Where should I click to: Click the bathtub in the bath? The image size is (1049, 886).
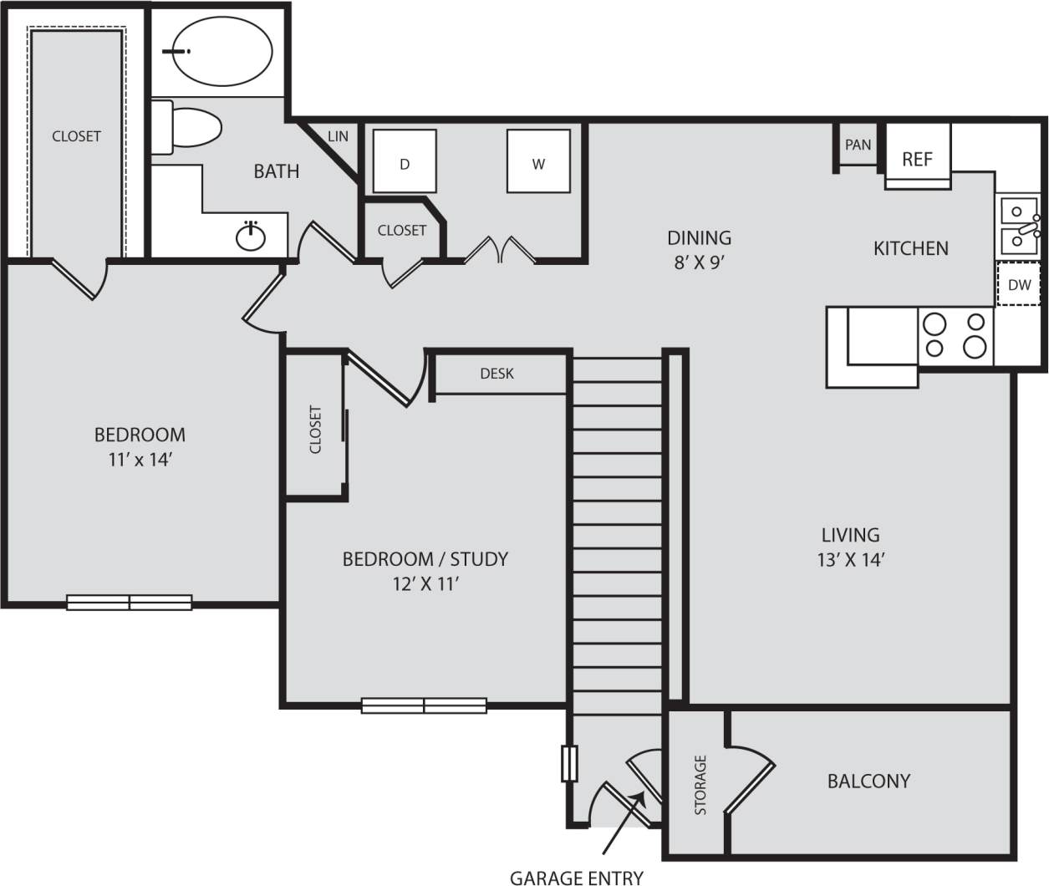pyautogui.click(x=222, y=51)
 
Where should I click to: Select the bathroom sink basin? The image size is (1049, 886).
pyautogui.click(x=250, y=237)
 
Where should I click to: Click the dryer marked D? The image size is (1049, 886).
pyautogui.click(x=405, y=161)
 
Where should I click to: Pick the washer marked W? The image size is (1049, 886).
pyautogui.click(x=538, y=161)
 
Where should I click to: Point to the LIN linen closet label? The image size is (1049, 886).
pyautogui.click(x=338, y=136)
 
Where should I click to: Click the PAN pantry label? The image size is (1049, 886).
pyautogui.click(x=858, y=145)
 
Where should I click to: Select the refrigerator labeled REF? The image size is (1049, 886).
pyautogui.click(x=917, y=159)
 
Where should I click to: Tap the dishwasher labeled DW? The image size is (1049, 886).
pyautogui.click(x=1019, y=284)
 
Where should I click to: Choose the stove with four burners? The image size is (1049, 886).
pyautogui.click(x=955, y=335)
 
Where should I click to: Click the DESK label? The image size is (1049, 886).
pyautogui.click(x=496, y=374)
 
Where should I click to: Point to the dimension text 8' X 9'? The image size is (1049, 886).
pyautogui.click(x=699, y=262)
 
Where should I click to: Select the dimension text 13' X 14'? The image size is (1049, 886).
pyautogui.click(x=850, y=560)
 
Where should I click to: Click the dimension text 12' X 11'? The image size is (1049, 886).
pyautogui.click(x=425, y=584)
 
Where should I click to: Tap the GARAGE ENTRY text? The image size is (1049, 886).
pyautogui.click(x=577, y=877)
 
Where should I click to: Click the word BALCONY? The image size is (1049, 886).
pyautogui.click(x=868, y=781)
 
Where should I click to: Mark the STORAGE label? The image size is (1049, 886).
pyautogui.click(x=700, y=784)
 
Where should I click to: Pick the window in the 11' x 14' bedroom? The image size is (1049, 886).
pyautogui.click(x=130, y=602)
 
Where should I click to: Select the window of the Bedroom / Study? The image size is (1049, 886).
pyautogui.click(x=424, y=705)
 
